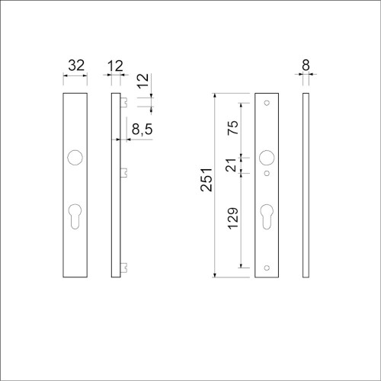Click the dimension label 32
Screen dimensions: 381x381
[76, 66]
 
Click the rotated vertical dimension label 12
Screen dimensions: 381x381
[143, 81]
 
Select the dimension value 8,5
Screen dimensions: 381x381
[142, 129]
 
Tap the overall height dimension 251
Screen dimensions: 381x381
[206, 180]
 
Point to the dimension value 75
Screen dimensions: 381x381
[233, 128]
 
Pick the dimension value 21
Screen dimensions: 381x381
[231, 165]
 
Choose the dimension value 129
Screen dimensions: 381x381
[233, 219]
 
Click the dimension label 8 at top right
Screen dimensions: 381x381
[306, 66]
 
